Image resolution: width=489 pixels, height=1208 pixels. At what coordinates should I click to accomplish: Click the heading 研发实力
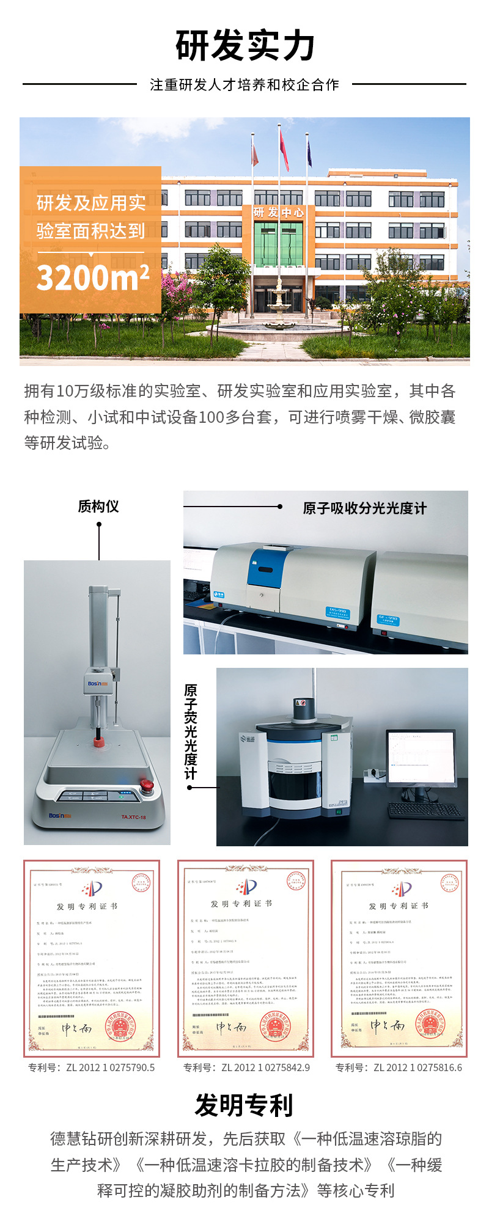[244, 46]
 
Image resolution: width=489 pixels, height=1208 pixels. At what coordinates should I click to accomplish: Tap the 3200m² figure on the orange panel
[93, 277]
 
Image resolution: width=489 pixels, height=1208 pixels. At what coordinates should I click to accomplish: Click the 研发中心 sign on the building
[279, 212]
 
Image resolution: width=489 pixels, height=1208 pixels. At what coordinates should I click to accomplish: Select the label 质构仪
[98, 506]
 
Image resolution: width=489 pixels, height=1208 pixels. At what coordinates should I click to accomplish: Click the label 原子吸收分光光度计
[364, 508]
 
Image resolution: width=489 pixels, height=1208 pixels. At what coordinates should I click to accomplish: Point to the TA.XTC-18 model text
[133, 817]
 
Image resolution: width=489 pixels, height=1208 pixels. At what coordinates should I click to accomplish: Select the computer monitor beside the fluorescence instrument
[421, 758]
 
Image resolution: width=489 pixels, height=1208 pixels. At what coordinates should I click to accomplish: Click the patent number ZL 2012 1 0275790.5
[92, 1067]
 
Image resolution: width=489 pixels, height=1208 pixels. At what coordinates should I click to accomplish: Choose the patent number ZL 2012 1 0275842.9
[247, 1067]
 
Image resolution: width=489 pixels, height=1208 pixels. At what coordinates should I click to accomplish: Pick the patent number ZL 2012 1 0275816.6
[399, 1067]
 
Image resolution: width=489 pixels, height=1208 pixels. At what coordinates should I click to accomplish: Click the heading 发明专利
[244, 1105]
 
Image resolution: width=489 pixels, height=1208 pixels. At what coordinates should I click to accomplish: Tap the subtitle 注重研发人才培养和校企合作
[244, 85]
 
